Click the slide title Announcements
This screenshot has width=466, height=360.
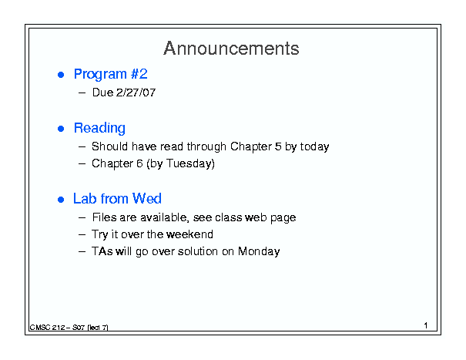click(231, 49)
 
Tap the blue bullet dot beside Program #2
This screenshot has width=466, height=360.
click(61, 75)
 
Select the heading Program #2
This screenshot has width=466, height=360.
click(111, 74)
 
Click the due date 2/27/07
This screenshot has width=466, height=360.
click(136, 93)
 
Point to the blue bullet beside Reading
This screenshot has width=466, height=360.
click(61, 129)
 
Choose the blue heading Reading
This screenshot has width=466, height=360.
click(99, 129)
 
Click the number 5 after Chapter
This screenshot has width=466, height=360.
click(278, 146)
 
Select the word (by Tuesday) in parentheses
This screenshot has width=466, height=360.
click(180, 164)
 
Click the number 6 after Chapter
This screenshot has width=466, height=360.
click(139, 163)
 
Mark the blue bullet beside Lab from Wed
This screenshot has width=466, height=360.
click(61, 200)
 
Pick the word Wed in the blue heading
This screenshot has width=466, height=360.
click(147, 198)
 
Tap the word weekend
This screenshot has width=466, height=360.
click(189, 234)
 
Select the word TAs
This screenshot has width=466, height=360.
click(102, 251)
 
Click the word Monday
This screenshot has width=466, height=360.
click(259, 252)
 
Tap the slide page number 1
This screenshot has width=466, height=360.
click(426, 325)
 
